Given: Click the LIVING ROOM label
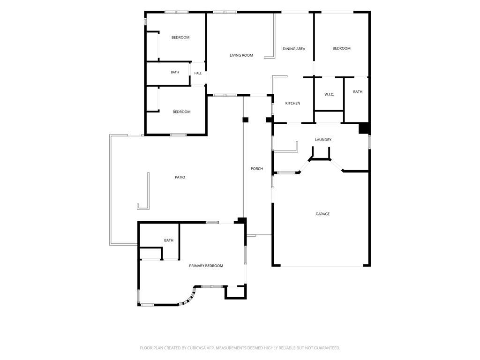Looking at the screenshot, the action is [241, 55].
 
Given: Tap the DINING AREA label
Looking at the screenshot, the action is [294, 49].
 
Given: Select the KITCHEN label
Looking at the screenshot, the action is [292, 103].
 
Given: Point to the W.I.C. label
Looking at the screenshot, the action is [329, 94].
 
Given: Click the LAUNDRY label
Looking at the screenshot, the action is [323, 140].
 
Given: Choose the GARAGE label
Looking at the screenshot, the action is [322, 214].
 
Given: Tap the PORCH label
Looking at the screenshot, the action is [256, 169].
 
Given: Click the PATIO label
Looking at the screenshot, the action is [180, 177].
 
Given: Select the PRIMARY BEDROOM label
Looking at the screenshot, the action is [206, 266].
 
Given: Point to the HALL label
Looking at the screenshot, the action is [198, 73].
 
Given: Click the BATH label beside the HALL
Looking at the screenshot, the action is [175, 72].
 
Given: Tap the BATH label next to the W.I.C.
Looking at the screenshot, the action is [358, 92].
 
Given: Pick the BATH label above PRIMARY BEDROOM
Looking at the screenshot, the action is [169, 240].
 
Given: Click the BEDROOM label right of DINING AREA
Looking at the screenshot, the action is [341, 48].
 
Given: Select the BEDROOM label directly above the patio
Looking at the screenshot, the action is [181, 112].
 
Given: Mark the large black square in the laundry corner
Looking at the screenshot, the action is [364, 128].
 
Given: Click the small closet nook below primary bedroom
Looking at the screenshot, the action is [235, 292].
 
